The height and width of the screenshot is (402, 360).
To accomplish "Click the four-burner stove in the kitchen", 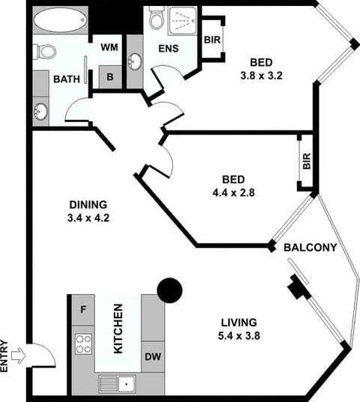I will [82, 345].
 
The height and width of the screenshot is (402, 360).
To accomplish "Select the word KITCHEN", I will [118, 327].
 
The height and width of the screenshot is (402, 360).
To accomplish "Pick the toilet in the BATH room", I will [46, 52].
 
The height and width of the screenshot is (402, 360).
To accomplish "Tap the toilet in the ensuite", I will [156, 19].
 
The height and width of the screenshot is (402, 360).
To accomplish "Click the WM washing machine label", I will [109, 47].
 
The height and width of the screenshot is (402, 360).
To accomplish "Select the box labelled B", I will [109, 77].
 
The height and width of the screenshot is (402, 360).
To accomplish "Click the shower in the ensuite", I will [183, 21].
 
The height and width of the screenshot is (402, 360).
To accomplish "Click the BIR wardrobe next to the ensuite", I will [212, 42].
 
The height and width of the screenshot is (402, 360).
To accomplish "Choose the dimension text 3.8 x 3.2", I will [260, 75].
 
